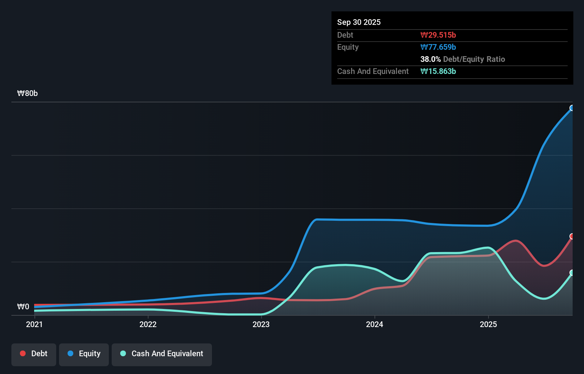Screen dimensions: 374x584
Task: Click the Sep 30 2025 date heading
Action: [359, 22]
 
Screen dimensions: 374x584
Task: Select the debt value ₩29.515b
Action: [438, 35]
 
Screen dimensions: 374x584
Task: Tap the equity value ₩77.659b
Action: [438, 47]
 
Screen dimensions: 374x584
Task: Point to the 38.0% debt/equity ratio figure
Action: [430, 59]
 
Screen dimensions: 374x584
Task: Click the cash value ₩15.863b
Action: [438, 71]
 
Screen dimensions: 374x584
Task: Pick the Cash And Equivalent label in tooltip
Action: [373, 71]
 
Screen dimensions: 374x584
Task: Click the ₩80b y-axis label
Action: [27, 93]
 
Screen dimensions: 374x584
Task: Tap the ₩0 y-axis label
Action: [23, 307]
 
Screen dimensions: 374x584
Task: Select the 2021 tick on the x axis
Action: [34, 324]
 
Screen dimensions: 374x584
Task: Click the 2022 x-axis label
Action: [148, 324]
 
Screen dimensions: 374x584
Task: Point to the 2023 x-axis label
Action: [261, 324]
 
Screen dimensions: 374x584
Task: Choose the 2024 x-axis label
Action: [375, 324]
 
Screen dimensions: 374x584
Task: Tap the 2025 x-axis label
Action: [488, 324]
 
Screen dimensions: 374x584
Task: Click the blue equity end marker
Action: [572, 108]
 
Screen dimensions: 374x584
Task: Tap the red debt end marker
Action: [572, 236]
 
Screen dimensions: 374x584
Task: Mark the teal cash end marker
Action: [572, 273]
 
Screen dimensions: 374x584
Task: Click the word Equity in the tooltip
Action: [347, 47]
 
